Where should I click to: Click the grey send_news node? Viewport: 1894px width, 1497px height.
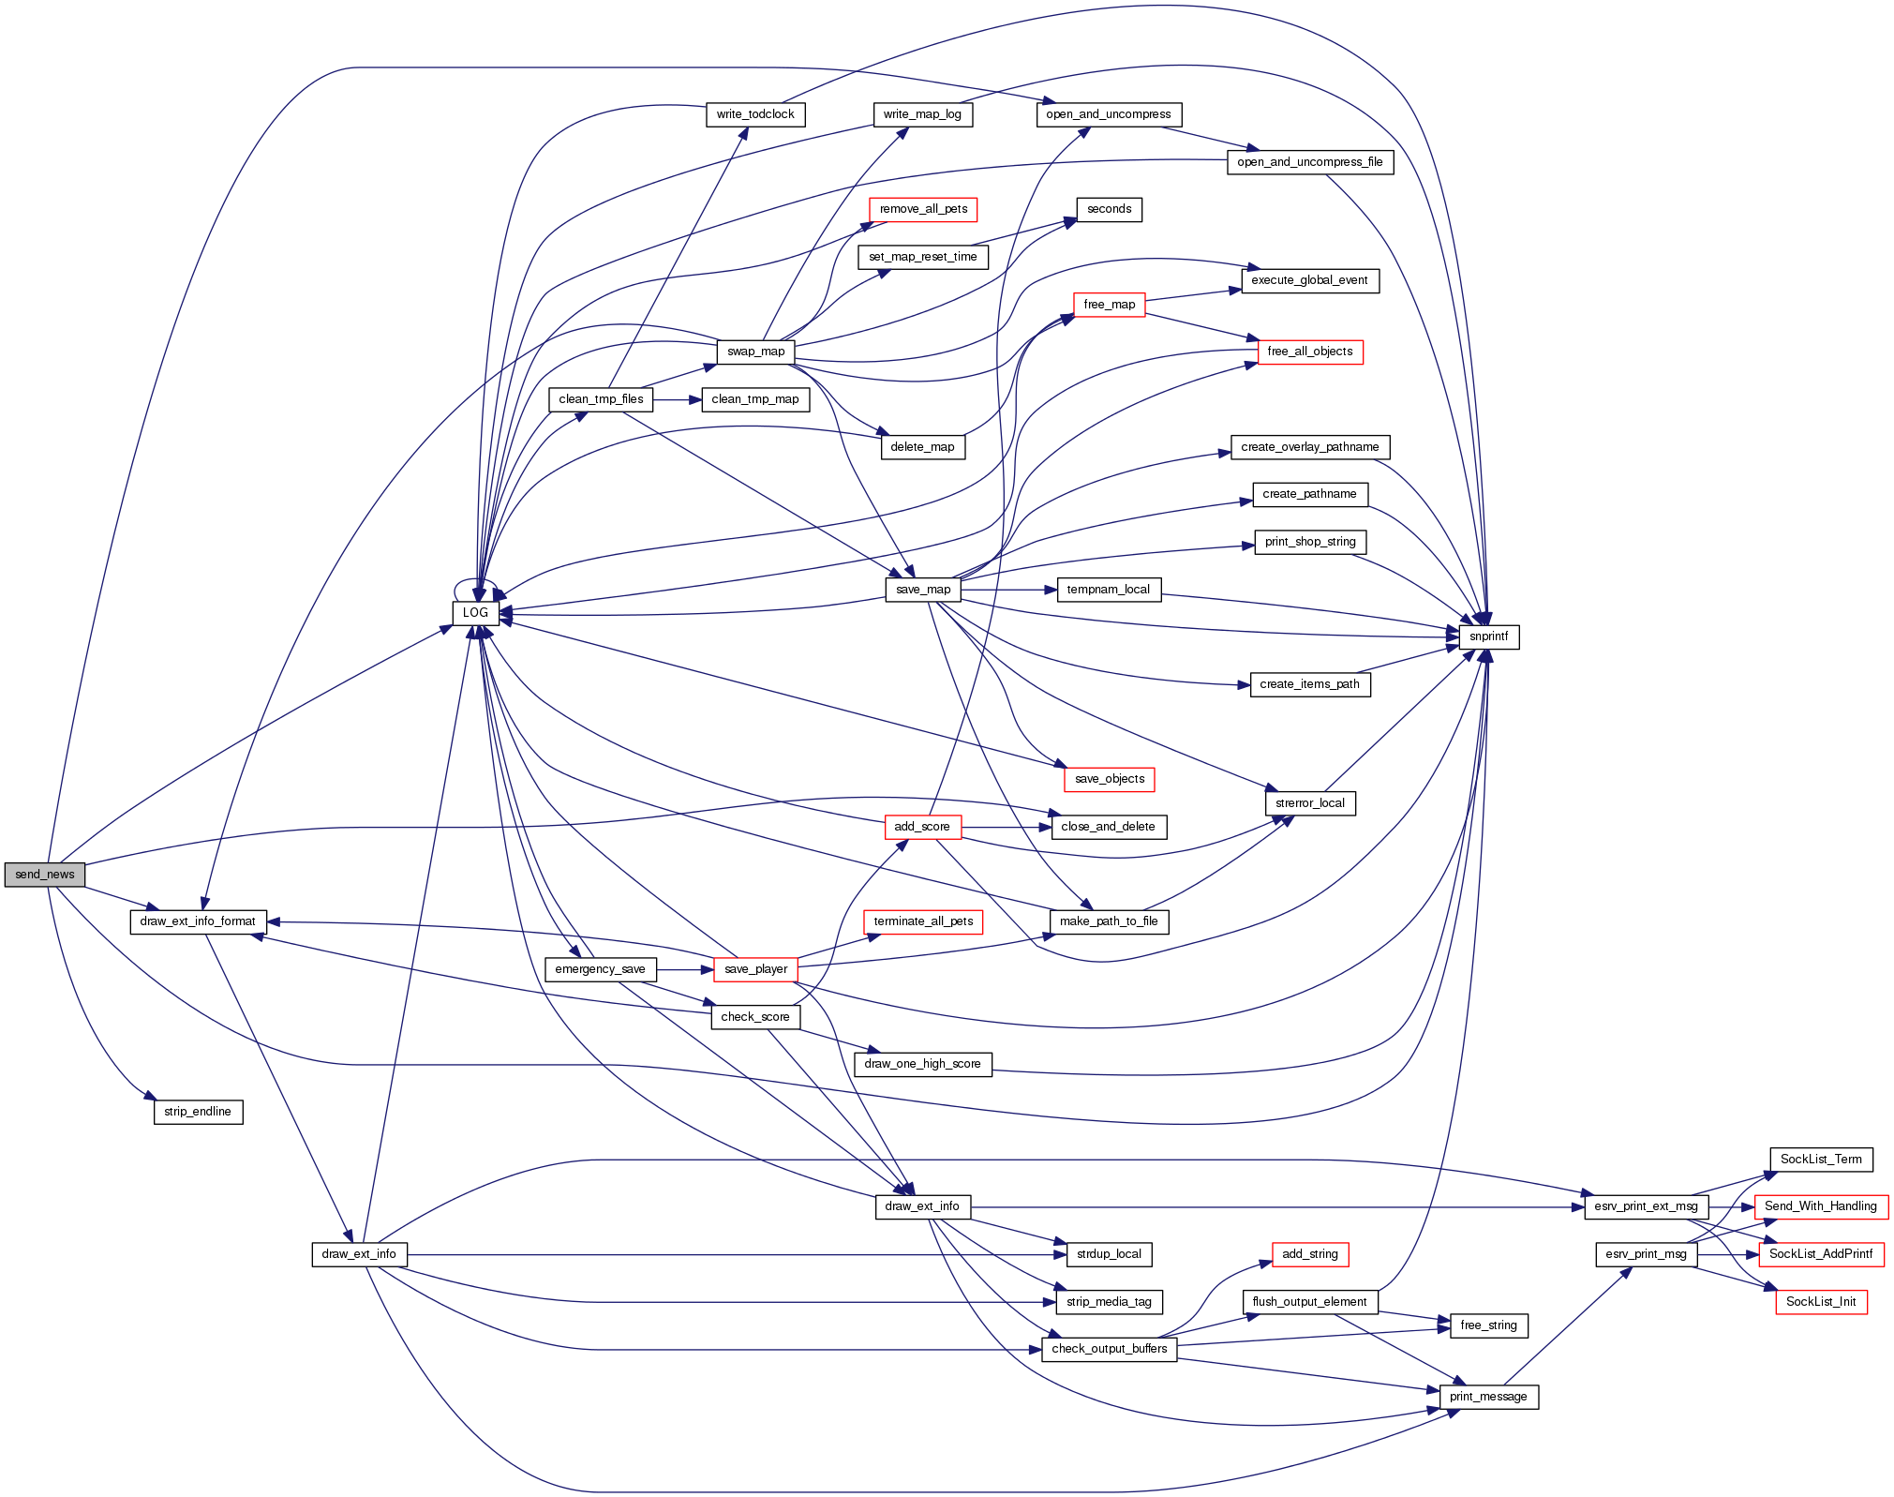point(44,875)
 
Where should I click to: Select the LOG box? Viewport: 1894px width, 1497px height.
point(475,613)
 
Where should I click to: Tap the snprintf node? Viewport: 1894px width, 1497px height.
point(1488,636)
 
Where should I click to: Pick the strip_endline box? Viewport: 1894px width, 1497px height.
point(198,1112)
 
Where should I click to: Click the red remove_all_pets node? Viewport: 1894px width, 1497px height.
point(923,209)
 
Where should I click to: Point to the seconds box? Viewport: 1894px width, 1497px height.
point(1109,209)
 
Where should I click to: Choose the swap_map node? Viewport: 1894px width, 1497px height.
point(755,352)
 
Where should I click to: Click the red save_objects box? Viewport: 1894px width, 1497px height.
point(1110,779)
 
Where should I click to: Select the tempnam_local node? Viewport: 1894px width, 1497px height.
point(1108,590)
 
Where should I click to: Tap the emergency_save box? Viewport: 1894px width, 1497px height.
point(600,969)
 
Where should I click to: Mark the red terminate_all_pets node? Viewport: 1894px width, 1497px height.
point(923,921)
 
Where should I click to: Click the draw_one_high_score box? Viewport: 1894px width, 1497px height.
point(922,1064)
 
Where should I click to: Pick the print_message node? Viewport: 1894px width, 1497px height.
point(1488,1397)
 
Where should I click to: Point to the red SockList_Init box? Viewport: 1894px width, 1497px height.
point(1821,1302)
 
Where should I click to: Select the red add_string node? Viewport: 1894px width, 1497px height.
point(1309,1254)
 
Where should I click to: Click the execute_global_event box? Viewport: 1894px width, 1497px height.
point(1309,280)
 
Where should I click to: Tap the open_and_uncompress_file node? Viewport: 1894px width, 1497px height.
point(1309,162)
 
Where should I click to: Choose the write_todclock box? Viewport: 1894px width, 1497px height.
point(754,114)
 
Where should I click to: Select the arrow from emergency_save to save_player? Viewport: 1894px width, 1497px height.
point(685,969)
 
